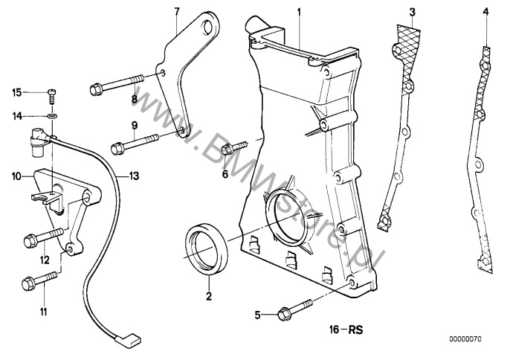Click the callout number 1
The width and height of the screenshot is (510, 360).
(299, 12)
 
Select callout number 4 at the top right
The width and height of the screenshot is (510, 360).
(485, 12)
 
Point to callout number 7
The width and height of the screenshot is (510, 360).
(176, 12)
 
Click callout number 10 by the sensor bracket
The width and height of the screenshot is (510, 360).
(15, 176)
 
